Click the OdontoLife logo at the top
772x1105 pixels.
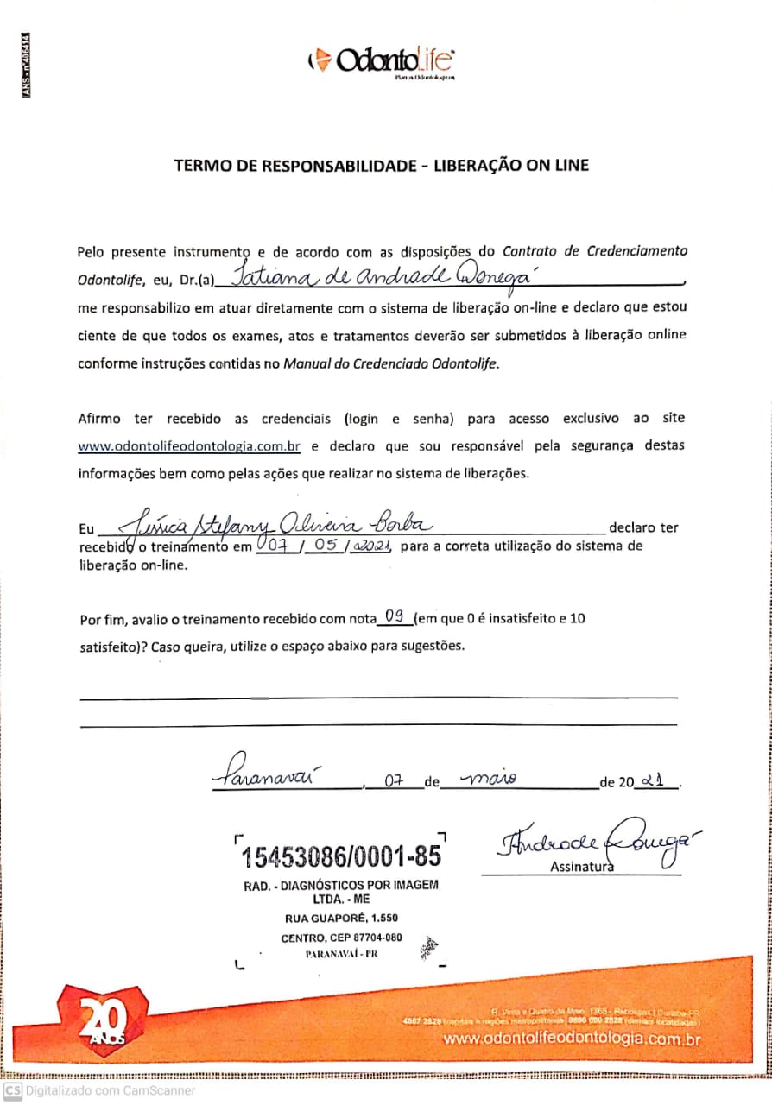(381, 60)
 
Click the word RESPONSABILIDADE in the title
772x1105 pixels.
(309, 165)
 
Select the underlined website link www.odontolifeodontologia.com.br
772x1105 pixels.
(189, 446)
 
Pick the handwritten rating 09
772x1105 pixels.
(395, 616)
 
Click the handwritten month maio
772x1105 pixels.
(490, 779)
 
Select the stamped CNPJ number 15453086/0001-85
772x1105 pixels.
(342, 856)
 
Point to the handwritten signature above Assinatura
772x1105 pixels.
(596, 842)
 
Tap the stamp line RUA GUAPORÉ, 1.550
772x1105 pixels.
(341, 918)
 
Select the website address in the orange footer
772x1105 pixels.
(571, 1039)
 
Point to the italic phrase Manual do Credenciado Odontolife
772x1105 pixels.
(391, 363)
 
